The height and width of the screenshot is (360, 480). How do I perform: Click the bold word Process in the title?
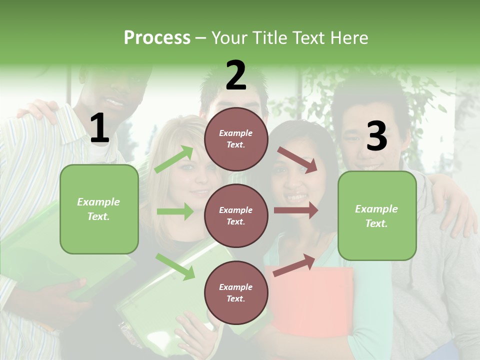click(157, 38)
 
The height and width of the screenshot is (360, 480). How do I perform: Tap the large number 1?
click(99, 129)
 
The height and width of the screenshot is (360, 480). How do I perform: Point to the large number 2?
click(236, 76)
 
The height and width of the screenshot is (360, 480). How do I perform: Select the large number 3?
click(376, 136)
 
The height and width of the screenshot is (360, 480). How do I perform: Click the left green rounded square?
click(99, 209)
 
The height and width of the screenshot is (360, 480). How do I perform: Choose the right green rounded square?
click(377, 215)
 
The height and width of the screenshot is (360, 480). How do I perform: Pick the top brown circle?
click(236, 139)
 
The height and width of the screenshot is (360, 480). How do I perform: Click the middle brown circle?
click(236, 215)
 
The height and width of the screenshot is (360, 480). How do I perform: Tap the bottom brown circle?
click(236, 292)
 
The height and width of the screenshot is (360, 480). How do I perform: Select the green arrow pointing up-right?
click(174, 159)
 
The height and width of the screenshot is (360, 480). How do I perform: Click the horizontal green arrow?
click(175, 211)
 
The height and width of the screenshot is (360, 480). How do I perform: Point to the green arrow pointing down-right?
click(175, 266)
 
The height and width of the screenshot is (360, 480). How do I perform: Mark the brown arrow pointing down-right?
click(297, 159)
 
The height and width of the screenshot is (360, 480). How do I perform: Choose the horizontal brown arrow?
click(296, 210)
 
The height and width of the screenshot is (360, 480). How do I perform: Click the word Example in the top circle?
click(236, 133)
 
